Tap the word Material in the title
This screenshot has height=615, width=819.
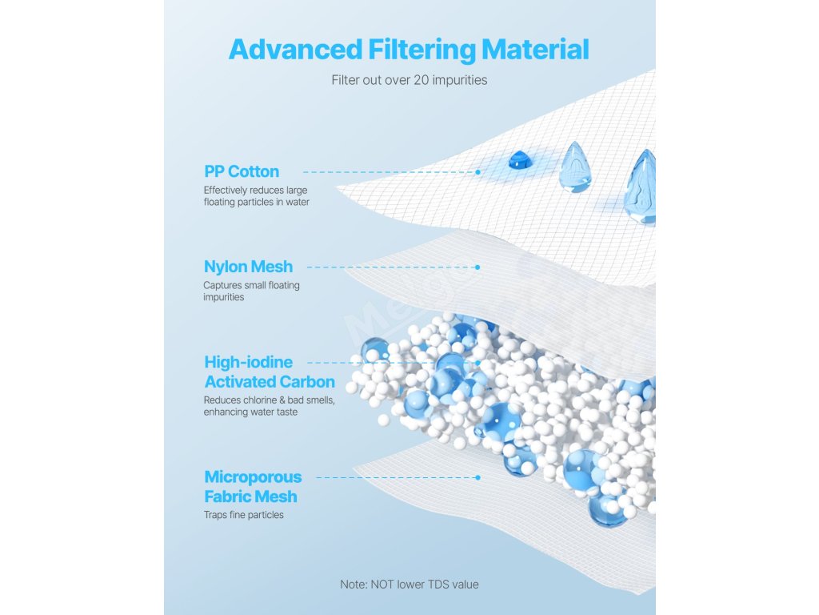click(535, 49)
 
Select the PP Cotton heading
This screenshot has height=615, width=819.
click(242, 171)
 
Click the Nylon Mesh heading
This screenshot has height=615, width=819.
click(248, 267)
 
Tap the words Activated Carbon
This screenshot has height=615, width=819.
click(270, 381)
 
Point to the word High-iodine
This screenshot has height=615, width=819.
click(249, 362)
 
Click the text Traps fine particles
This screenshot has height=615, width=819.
click(244, 515)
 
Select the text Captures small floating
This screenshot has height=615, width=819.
click(252, 285)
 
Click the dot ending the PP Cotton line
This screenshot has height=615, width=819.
click(477, 171)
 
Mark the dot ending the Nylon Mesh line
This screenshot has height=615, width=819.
click(477, 267)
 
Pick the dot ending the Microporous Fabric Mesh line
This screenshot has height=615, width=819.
click(477, 477)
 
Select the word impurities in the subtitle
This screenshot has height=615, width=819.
click(461, 80)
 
